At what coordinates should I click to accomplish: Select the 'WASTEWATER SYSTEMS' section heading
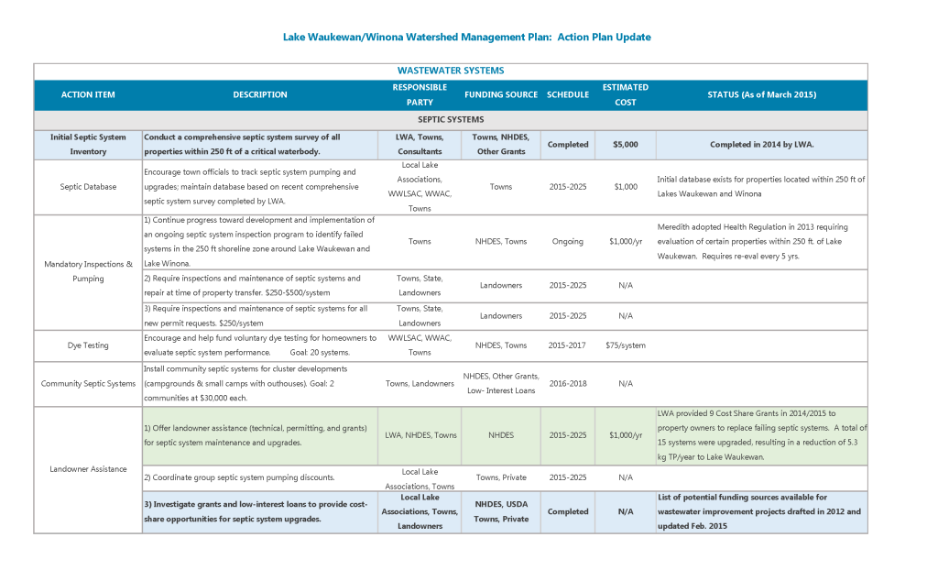(450, 71)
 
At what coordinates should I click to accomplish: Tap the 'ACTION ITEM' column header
(88, 94)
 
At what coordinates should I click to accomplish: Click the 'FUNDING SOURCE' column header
(501, 94)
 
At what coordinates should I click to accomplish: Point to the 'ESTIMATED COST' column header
(626, 94)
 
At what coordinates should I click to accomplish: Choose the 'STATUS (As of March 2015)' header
(761, 94)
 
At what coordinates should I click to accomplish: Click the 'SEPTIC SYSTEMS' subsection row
(451, 119)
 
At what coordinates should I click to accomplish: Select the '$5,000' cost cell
(626, 144)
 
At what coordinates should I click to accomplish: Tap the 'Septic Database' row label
(88, 187)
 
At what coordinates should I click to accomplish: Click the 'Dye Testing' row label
(88, 345)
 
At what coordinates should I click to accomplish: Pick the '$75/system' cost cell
(626, 345)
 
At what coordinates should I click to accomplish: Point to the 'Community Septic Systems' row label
(88, 383)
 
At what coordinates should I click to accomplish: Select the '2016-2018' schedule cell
(568, 383)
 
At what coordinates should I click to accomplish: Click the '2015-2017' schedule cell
(568, 345)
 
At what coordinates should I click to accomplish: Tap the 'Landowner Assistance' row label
(88, 469)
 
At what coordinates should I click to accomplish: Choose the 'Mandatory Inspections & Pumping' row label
(88, 271)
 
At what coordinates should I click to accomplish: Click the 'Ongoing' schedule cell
(568, 242)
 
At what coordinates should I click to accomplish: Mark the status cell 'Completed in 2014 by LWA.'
(761, 144)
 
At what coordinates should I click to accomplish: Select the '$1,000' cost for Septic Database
(626, 187)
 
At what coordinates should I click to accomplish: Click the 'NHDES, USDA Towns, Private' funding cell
(501, 511)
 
